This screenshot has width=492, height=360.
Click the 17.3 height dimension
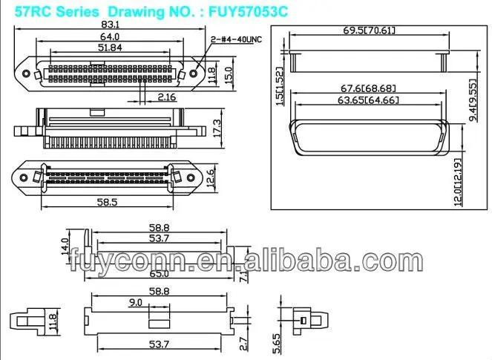click(x=216, y=127)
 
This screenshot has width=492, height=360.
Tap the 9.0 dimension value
click(x=136, y=303)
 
